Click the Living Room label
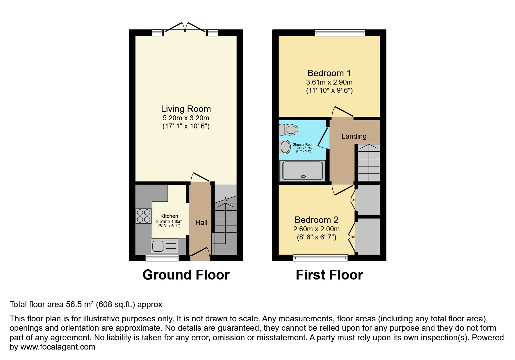[x=186, y=109]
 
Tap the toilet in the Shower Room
[x=288, y=130]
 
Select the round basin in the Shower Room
[x=285, y=147]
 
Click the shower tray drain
[x=304, y=176]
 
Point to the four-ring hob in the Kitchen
[x=144, y=216]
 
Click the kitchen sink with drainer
[x=164, y=246]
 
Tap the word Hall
[x=201, y=223]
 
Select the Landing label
[x=354, y=136]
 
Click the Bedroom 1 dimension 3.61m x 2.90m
[x=329, y=82]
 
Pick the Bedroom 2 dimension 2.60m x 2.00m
[x=316, y=229]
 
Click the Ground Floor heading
[x=186, y=275]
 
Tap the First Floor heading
[x=329, y=275]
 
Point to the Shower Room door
[x=323, y=137]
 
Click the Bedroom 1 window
[x=340, y=33]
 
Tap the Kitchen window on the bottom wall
[x=162, y=258]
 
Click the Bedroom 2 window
[x=320, y=258]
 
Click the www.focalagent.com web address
[x=58, y=347]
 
